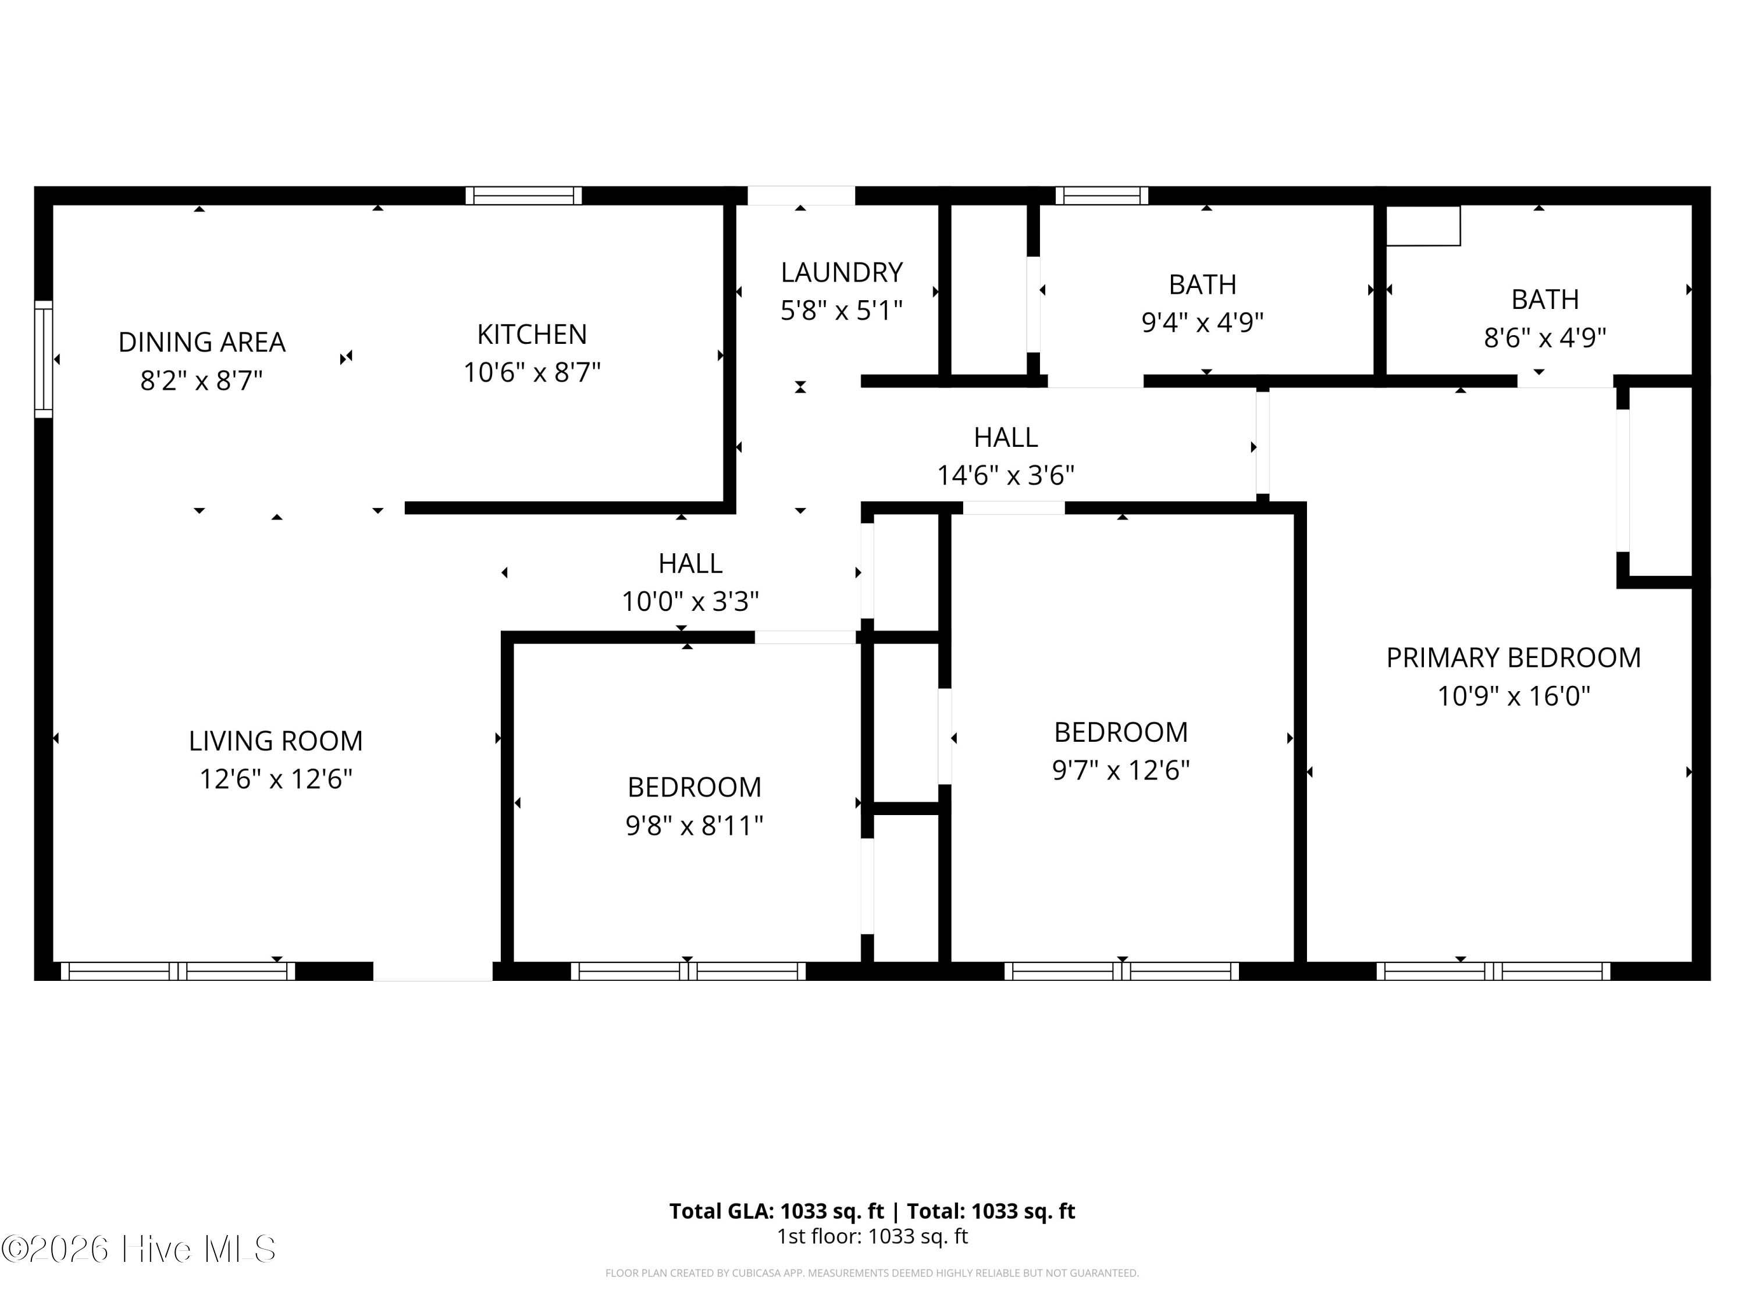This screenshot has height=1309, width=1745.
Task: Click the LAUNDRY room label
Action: click(842, 272)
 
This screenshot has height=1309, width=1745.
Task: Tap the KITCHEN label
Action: click(532, 335)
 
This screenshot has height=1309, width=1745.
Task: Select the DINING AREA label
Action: click(202, 343)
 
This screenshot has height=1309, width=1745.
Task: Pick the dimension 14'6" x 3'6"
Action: click(1006, 475)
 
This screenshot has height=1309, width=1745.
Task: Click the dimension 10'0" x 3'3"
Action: click(690, 601)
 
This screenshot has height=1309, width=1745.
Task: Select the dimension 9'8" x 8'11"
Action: click(694, 826)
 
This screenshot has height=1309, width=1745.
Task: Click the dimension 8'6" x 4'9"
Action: click(1545, 337)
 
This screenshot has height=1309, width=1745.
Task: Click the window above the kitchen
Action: click(524, 195)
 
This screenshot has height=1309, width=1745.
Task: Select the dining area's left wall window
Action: click(44, 359)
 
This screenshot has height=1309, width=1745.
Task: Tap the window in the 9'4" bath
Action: click(1102, 195)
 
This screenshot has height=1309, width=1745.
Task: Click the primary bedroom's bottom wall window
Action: click(1493, 972)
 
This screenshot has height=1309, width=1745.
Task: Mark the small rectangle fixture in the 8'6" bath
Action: click(1423, 226)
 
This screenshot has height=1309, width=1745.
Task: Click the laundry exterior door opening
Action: click(801, 195)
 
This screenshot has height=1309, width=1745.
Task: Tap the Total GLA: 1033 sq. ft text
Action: click(777, 1211)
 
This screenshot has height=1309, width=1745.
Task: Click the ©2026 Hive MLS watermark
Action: click(139, 1249)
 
